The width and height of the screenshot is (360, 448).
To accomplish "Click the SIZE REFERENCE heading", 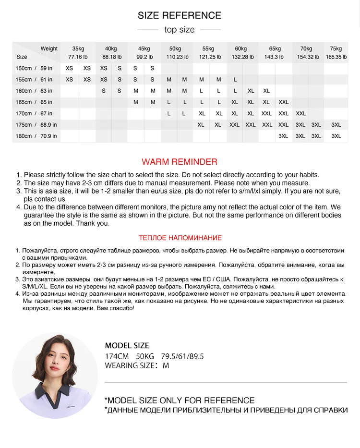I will (180, 15).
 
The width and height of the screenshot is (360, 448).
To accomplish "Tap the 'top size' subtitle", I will (180, 30).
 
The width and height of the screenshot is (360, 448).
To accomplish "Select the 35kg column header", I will (78, 48).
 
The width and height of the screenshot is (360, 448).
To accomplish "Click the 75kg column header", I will (336, 48).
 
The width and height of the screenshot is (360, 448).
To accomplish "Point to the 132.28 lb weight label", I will (243, 57).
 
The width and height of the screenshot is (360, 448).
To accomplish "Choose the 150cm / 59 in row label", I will (34, 68).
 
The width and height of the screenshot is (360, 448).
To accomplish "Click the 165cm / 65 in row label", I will (34, 102).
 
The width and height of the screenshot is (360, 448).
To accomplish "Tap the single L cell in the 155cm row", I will (235, 80).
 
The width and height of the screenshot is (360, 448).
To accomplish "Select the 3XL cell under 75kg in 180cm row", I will (336, 136).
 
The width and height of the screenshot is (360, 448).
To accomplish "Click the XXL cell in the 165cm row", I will (283, 102).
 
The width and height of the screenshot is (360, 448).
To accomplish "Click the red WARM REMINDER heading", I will (180, 162).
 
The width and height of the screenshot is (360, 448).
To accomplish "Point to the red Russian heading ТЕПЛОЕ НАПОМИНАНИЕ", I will (180, 238).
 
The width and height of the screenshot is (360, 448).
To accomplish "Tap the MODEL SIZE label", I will (127, 345).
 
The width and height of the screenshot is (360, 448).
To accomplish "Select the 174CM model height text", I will (117, 356).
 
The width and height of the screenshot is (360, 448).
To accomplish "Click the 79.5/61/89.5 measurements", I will (182, 356).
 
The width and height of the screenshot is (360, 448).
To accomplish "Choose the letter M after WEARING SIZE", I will (166, 365).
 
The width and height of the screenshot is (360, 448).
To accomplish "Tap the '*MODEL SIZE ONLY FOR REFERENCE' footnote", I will (180, 400).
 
